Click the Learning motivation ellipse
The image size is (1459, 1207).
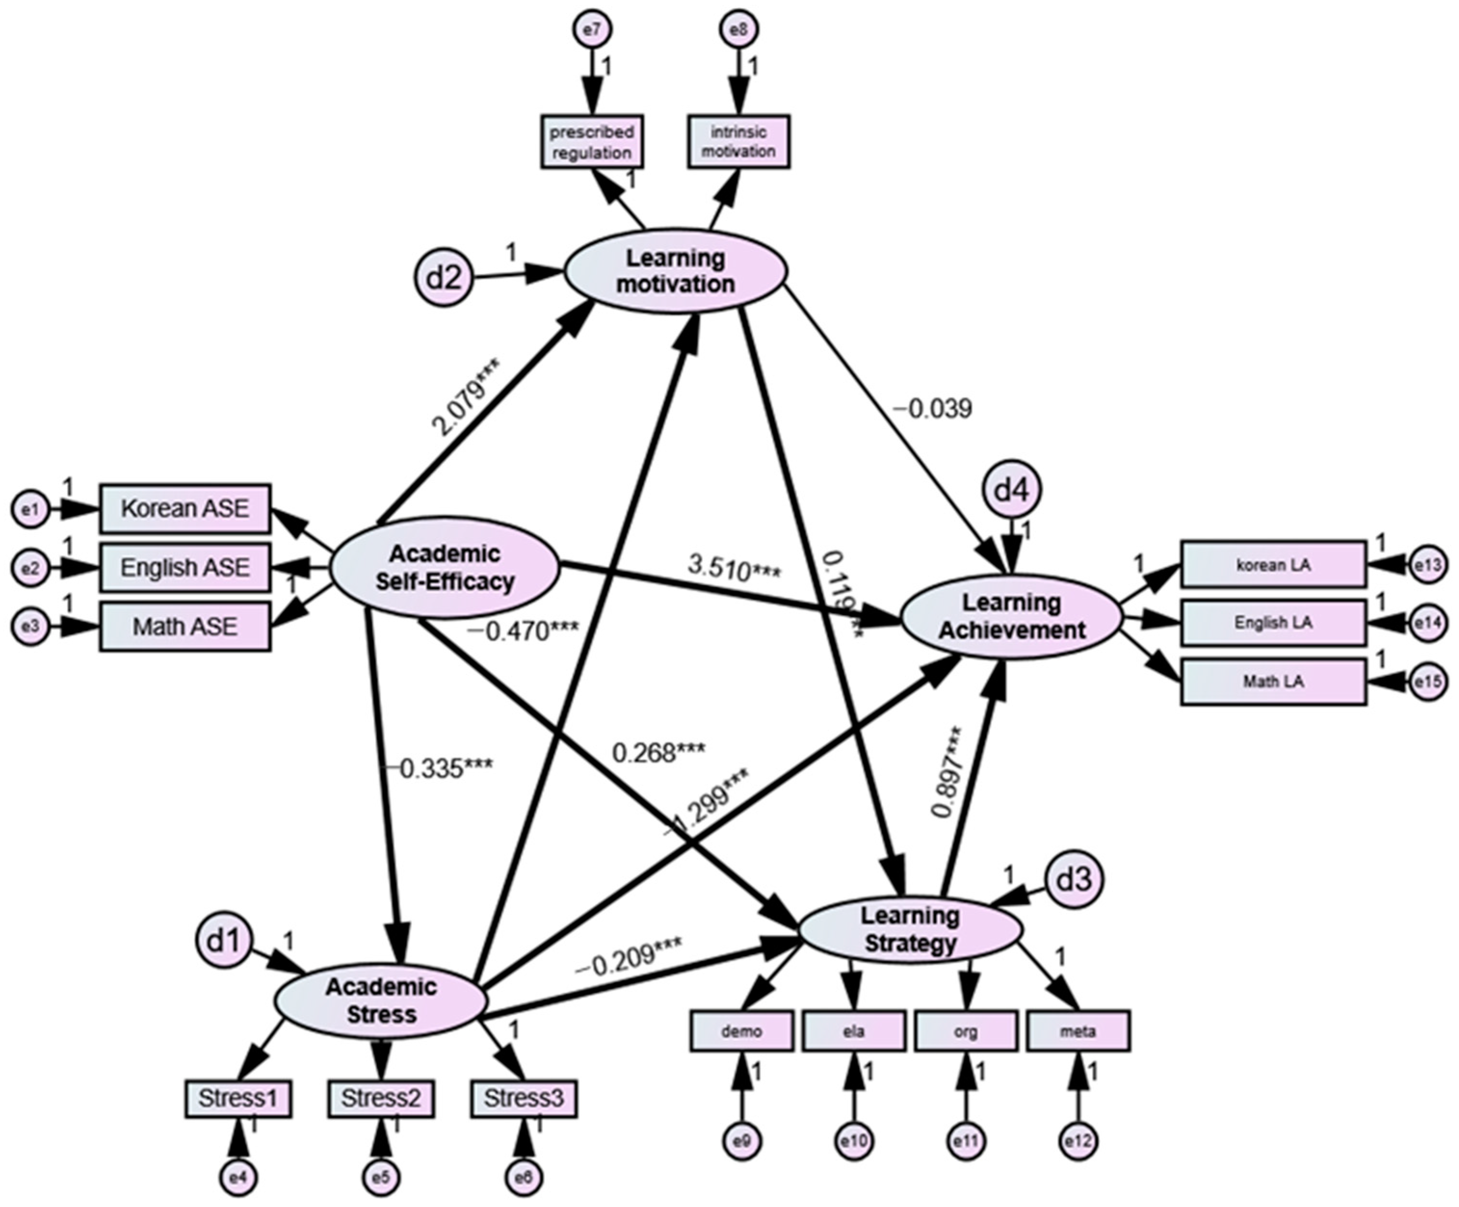coord(675,272)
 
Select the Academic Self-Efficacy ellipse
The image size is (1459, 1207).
coord(444,568)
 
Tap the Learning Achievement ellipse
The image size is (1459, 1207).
coord(1011,617)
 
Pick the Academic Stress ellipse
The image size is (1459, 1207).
coord(381,1001)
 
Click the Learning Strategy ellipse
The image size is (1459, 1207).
coord(910,930)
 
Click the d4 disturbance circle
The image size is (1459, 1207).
coord(1011,491)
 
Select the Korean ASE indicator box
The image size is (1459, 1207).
coord(185,509)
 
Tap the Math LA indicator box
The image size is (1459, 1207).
coord(1273,682)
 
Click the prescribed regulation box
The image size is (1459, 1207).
coord(592,142)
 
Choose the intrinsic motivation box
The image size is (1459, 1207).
coord(739,142)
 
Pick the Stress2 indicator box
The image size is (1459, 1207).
coord(381,1099)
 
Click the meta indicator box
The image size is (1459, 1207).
coord(1078,1031)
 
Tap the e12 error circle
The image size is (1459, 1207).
coord(1078,1141)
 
